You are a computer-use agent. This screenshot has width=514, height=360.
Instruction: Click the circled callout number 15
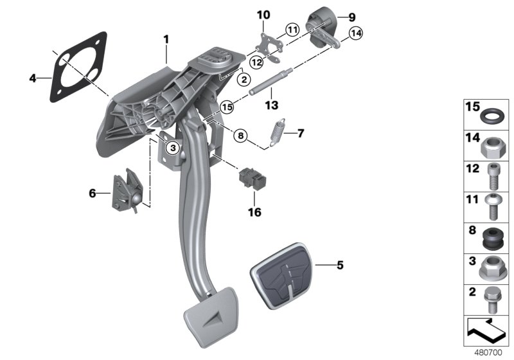(226, 106)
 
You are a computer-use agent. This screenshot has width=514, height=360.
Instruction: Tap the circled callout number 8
(240, 136)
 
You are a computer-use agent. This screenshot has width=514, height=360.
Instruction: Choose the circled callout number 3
(172, 148)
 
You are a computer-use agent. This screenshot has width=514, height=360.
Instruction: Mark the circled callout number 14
(355, 33)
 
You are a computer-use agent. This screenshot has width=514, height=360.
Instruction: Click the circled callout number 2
(244, 80)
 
